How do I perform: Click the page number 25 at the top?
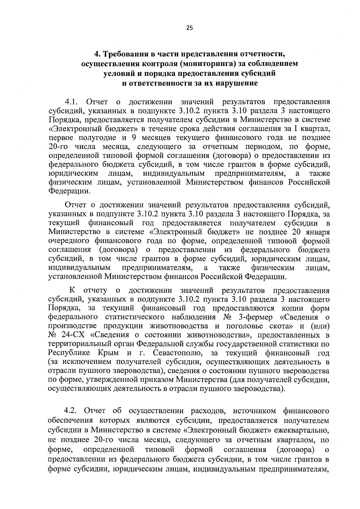click(x=189, y=28)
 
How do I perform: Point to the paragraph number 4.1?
click(x=71, y=102)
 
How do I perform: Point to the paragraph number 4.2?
click(x=71, y=411)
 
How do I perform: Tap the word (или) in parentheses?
click(x=320, y=326)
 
